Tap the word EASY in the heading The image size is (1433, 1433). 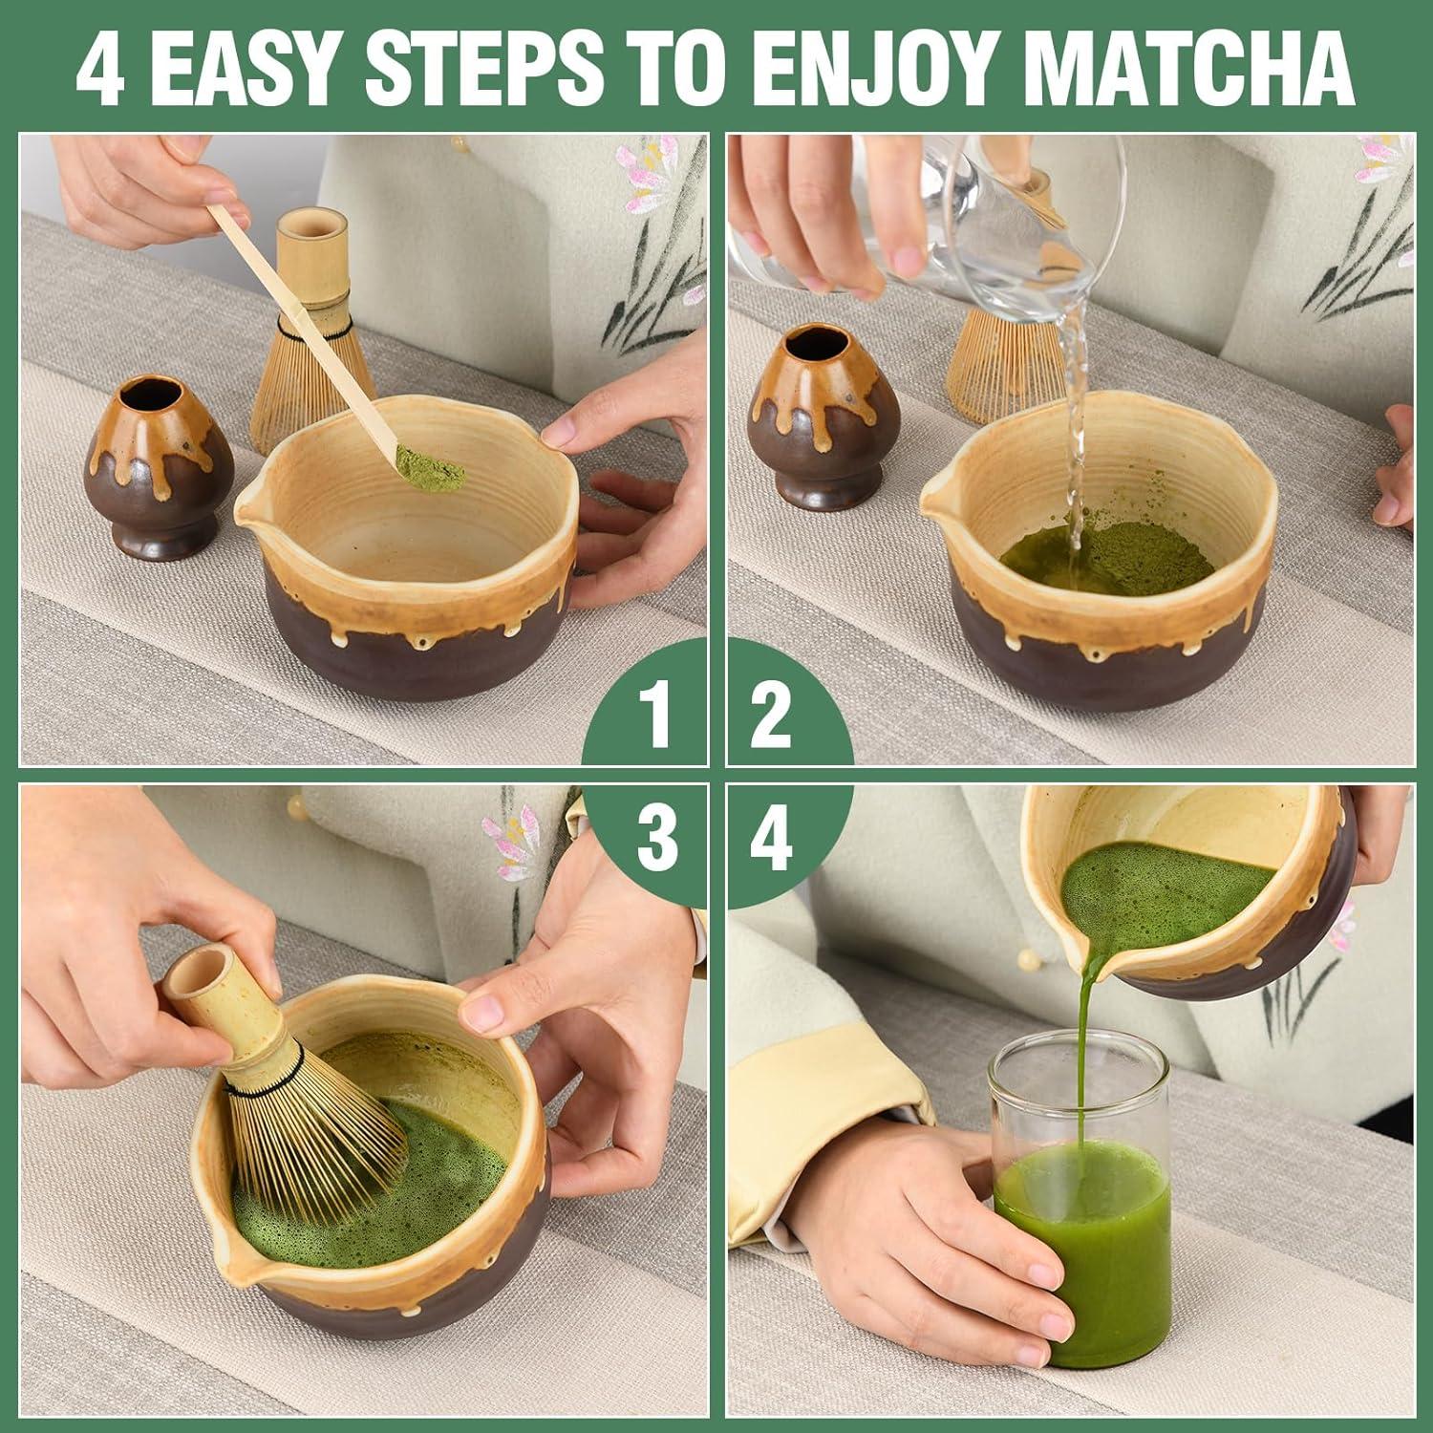(243, 69)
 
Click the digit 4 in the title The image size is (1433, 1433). (100, 71)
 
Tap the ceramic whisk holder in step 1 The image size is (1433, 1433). (148, 463)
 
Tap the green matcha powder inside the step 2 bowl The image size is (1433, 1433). (1118, 554)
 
